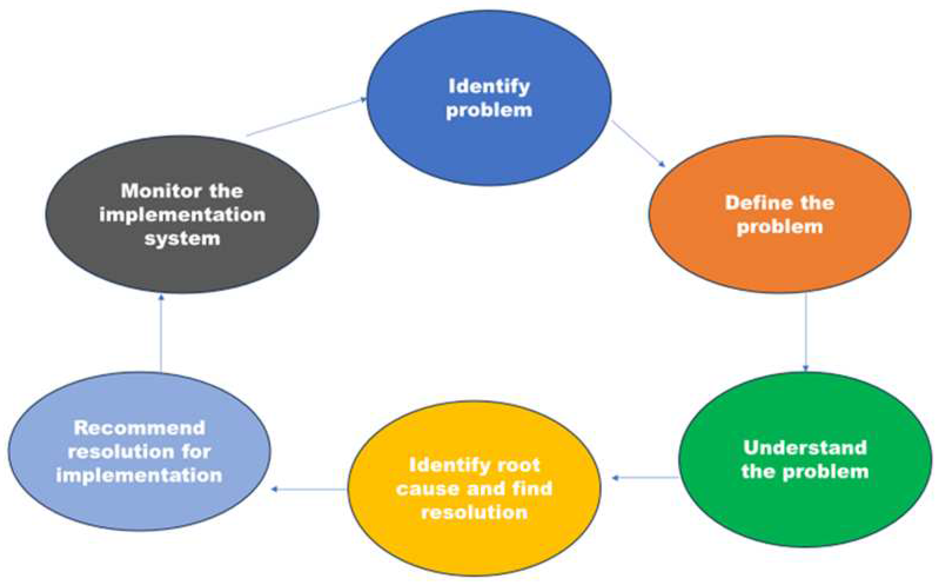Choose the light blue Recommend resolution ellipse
[140, 504]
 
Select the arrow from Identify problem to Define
[638, 144]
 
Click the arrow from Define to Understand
[806, 331]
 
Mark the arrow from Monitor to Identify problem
[306, 117]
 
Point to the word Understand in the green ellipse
[805, 448]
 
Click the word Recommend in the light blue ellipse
[140, 428]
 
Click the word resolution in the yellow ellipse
[474, 513]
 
